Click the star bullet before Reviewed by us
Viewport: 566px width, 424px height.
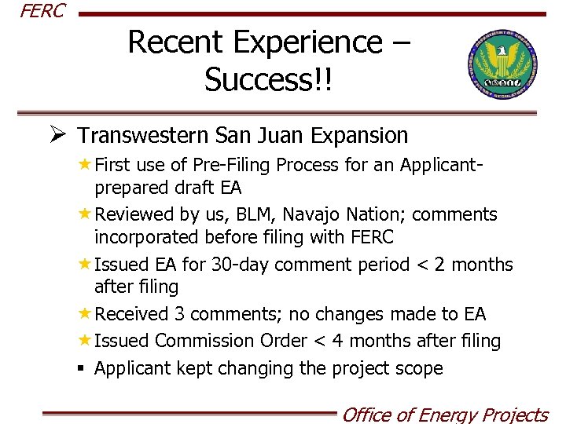click(83, 214)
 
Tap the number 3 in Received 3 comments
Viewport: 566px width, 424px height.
click(180, 315)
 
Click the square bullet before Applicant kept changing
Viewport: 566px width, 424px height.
click(83, 368)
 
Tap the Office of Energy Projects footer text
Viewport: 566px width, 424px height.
click(444, 414)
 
